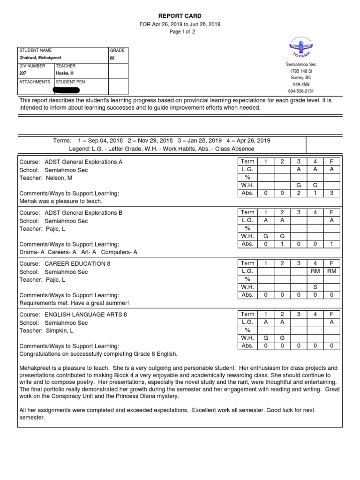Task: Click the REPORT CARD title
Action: pyautogui.click(x=180, y=16)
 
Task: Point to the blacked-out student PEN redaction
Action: pyautogui.click(x=73, y=89)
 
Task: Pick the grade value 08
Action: pyautogui.click(x=112, y=59)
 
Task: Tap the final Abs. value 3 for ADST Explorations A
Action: pyautogui.click(x=331, y=193)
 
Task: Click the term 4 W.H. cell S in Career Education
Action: pyautogui.click(x=315, y=287)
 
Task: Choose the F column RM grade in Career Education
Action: pyautogui.click(x=331, y=271)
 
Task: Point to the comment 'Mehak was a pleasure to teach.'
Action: pyautogui.click(x=60, y=201)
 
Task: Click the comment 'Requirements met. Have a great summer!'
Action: pyautogui.click(x=74, y=303)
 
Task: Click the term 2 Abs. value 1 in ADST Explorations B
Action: pyautogui.click(x=282, y=244)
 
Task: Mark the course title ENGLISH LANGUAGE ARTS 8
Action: pyautogui.click(x=85, y=315)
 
